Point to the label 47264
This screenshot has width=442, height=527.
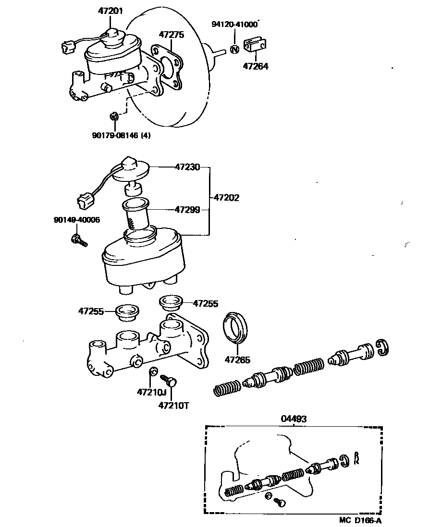coord(256,66)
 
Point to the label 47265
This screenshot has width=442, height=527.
coord(238,359)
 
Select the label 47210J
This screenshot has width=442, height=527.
coord(150,392)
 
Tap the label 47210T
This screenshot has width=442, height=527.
coord(173,406)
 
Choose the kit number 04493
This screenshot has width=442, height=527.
coord(293,419)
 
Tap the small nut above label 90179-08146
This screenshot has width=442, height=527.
coord(114,116)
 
